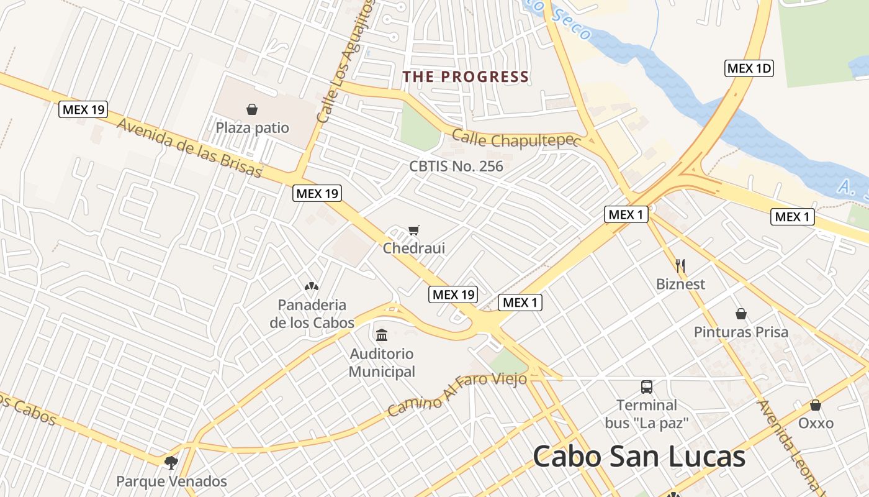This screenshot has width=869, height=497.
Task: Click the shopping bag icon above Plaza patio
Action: pos(252,110)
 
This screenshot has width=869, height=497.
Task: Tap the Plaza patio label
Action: pos(252,128)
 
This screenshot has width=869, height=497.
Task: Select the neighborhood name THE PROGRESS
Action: pos(466,77)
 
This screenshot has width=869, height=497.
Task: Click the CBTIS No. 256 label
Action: pos(456,166)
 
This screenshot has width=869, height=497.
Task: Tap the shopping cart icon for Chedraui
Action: pos(414,230)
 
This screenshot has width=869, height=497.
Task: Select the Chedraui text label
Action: pos(414,248)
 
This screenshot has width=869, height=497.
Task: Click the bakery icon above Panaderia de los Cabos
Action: pos(312,286)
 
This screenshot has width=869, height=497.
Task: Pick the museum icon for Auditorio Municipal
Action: pos(382,335)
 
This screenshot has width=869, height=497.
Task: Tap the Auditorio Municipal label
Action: pos(382,363)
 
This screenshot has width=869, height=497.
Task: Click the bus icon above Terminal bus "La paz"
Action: pos(647,387)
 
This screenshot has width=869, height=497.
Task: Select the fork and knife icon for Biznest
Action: pos(680,266)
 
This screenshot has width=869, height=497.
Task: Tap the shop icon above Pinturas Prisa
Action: pos(741,314)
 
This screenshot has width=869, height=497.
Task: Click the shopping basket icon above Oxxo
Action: pos(816,406)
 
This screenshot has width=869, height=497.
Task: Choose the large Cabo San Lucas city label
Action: pos(639,457)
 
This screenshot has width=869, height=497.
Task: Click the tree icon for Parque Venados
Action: pos(171,463)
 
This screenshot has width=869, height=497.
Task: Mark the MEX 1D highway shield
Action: pos(749,68)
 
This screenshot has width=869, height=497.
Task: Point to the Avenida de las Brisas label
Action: pos(189,147)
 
